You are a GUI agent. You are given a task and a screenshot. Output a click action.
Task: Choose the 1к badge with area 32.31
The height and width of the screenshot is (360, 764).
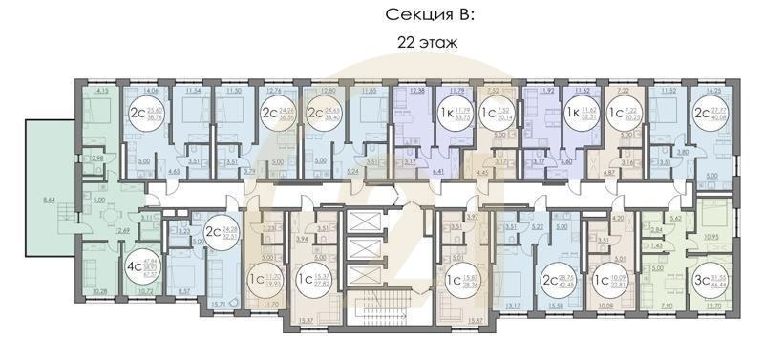pos(580,117)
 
